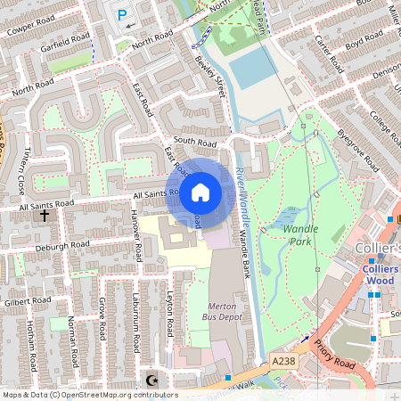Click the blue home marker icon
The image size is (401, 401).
tap(200, 192)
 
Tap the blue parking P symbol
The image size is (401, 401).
tap(122, 14)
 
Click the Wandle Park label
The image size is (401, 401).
tap(300, 235)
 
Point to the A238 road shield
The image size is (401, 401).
tap(282, 360)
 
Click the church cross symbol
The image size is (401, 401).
tap(45, 216)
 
